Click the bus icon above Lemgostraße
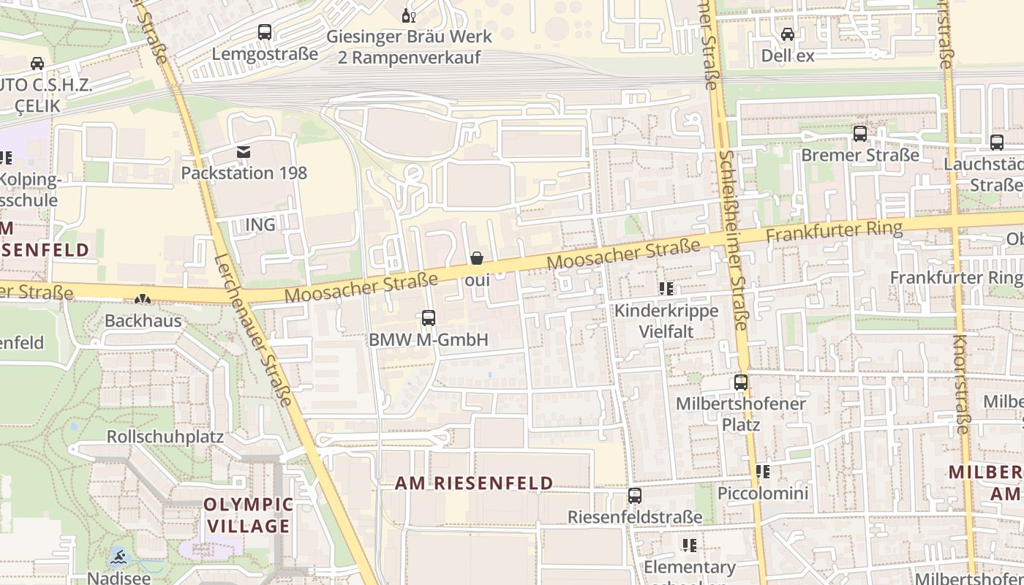265,32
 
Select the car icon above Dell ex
788,34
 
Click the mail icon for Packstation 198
244,152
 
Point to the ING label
260,224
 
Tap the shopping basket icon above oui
477,258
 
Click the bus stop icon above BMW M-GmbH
429,318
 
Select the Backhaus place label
143,320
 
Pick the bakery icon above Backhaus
143,299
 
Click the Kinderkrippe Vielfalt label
666,321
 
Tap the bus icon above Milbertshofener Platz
741,382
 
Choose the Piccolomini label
763,493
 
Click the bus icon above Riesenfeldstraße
635,496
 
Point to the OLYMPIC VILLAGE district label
248,515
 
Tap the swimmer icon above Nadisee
118,559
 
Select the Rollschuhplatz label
165,437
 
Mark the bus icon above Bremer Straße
860,134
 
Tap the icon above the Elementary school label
689,546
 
